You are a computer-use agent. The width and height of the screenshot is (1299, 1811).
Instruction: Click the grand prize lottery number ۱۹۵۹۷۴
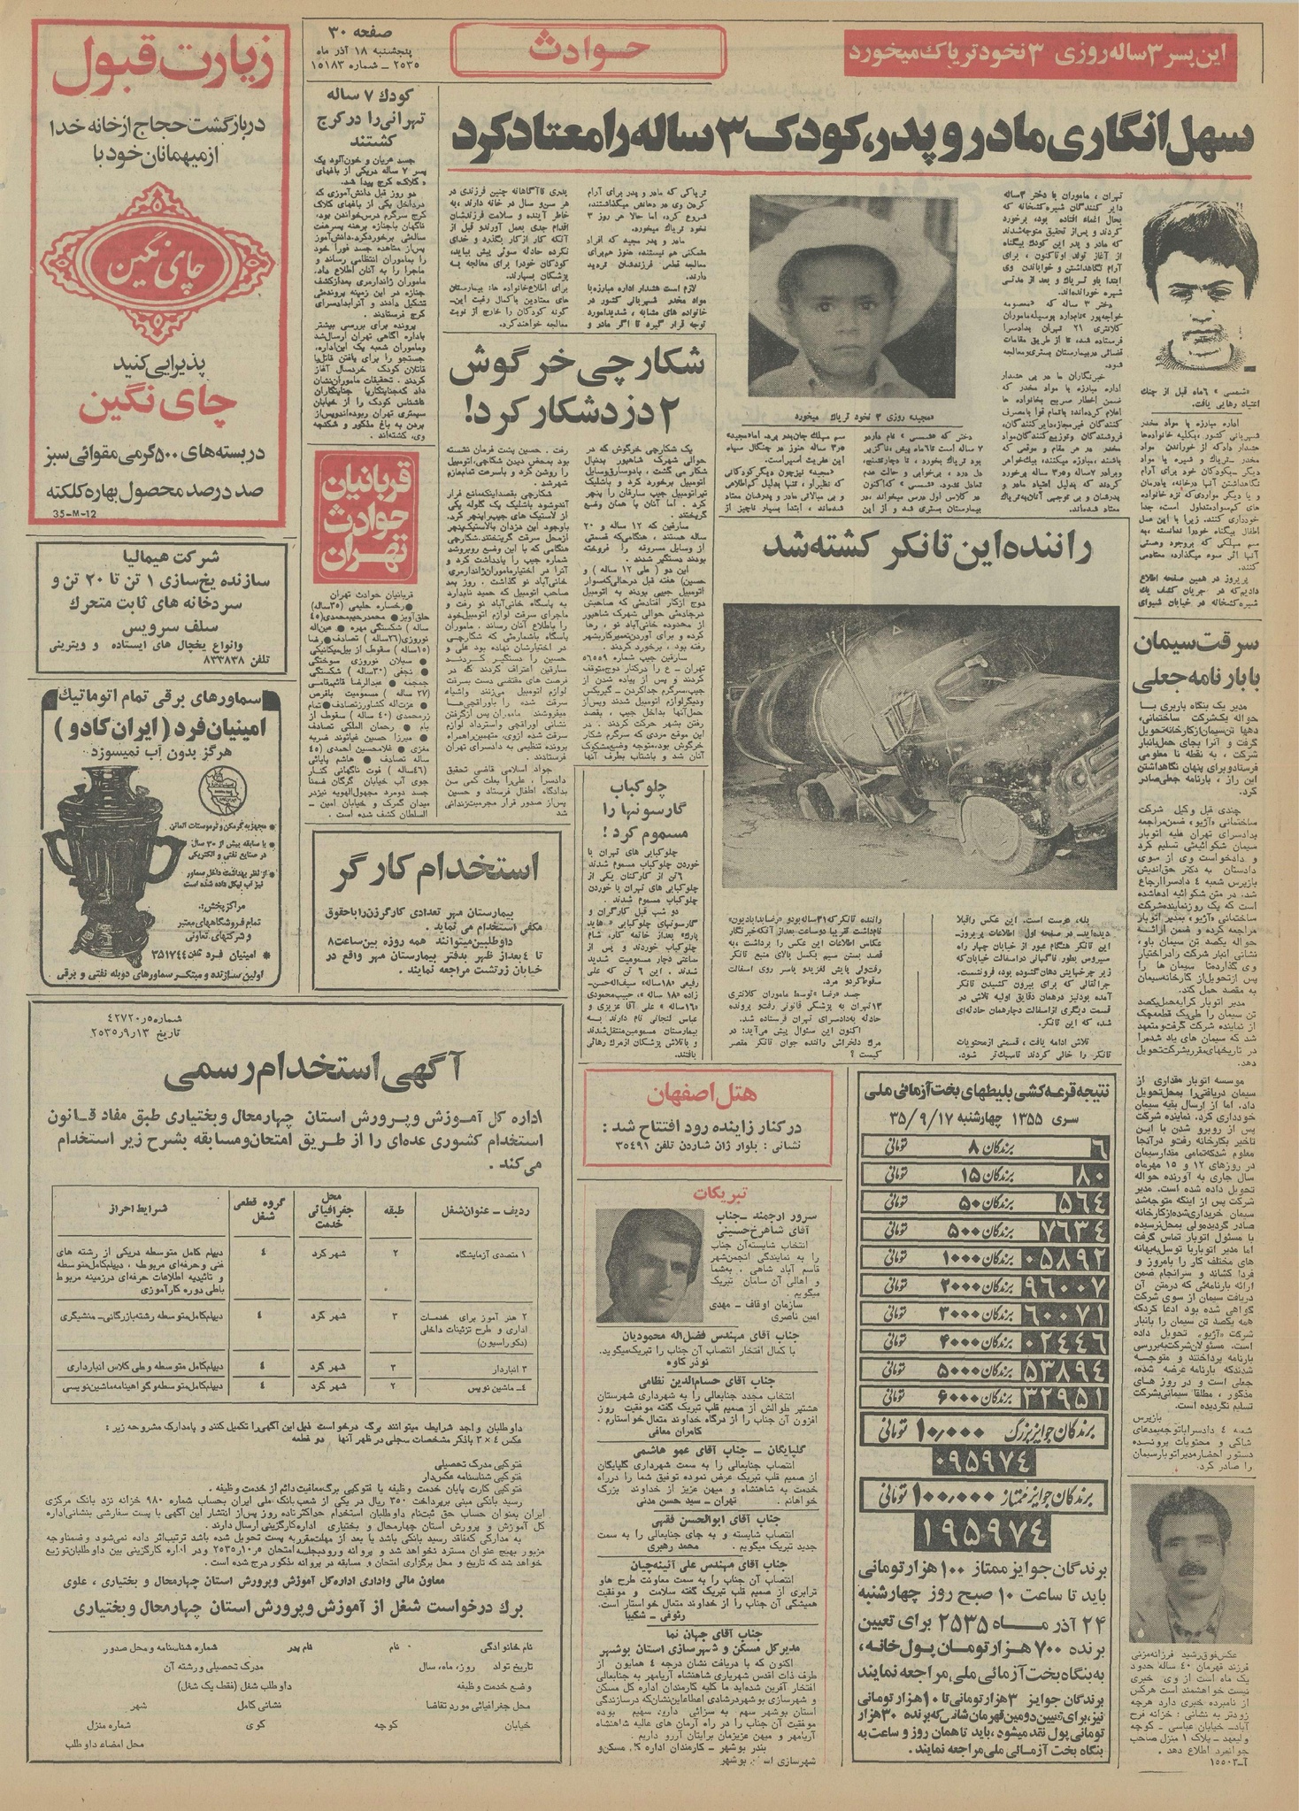[x=984, y=1535]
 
